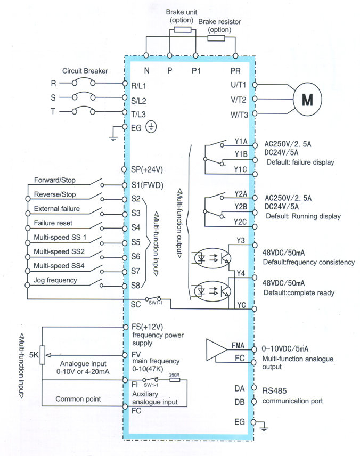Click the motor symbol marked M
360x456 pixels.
[308, 99]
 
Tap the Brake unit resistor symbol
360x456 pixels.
[182, 30]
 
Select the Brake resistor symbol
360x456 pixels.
[217, 38]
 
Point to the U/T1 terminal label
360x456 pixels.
[238, 84]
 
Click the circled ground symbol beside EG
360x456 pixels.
[151, 128]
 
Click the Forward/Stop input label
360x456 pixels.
[54, 180]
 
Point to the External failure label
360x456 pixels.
[56, 208]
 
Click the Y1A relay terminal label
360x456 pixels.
[241, 141]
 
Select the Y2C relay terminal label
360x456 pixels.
[240, 221]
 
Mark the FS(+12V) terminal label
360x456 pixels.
[146, 327]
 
